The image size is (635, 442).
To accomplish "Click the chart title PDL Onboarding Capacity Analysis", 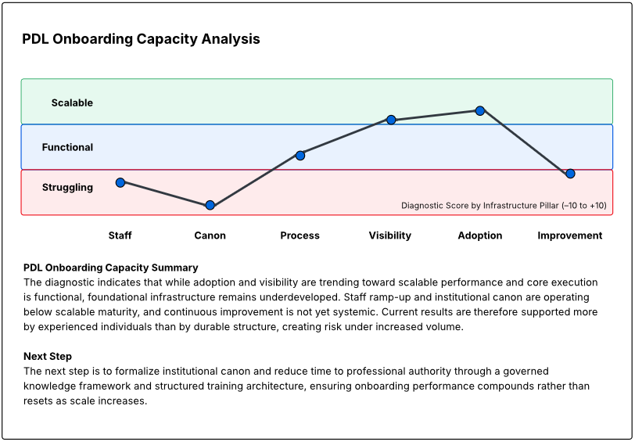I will pos(141,39).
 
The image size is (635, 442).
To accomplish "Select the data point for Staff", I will pos(120,182).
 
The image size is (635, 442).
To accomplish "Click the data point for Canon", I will pos(210,205).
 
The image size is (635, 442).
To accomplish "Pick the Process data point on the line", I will pos(300,155).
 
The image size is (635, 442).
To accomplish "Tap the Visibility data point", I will pos(390,120).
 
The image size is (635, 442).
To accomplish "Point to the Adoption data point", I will pos(480,110).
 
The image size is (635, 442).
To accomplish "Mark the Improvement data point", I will pos(570,174).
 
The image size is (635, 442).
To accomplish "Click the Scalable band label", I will pos(72,102).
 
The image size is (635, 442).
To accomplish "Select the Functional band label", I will pos(67,147).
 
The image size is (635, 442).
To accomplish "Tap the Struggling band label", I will pos(67,188).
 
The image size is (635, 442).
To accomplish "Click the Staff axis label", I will pos(120,235).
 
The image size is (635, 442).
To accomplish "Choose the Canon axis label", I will pos(210,235).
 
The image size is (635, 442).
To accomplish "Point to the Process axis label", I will pos(300,235).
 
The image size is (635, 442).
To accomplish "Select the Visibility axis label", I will pos(389,235).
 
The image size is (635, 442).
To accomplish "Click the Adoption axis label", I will pos(480,235).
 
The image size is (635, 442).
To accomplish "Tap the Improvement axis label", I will pos(570,235).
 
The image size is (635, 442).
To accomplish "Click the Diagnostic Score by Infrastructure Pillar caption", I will pos(504,206).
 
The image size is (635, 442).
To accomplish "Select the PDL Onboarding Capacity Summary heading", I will pos(111,268).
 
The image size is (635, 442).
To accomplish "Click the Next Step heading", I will pos(48,357).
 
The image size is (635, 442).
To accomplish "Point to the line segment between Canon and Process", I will pos(255,180).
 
